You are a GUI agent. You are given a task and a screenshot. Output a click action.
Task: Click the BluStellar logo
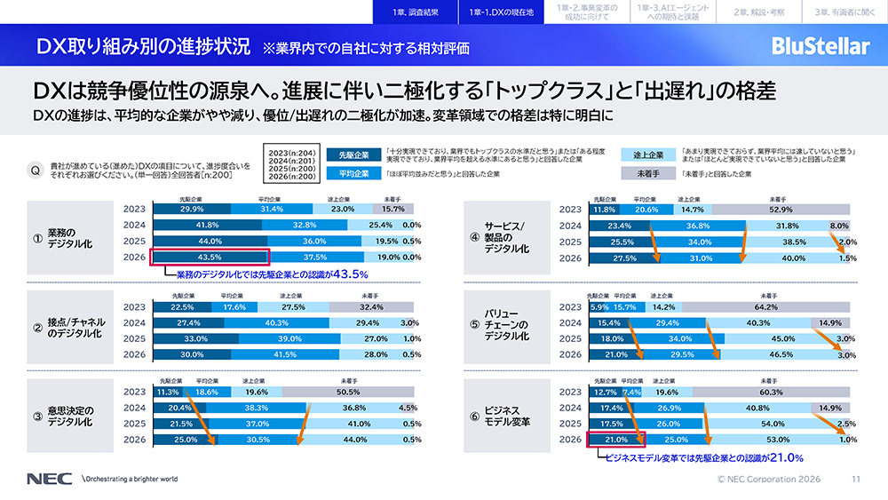tap(820, 46)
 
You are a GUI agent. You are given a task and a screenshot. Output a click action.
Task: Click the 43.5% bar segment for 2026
tap(191, 258)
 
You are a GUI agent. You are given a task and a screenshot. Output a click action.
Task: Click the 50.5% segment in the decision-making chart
tap(361, 392)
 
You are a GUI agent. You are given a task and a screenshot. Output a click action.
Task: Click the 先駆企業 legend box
tap(354, 153)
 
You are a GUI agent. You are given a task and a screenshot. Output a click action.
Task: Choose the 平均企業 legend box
tap(354, 173)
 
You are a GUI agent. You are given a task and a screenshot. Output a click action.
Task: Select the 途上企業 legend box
tap(646, 153)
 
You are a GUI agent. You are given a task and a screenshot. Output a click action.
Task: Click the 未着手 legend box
tap(646, 173)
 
